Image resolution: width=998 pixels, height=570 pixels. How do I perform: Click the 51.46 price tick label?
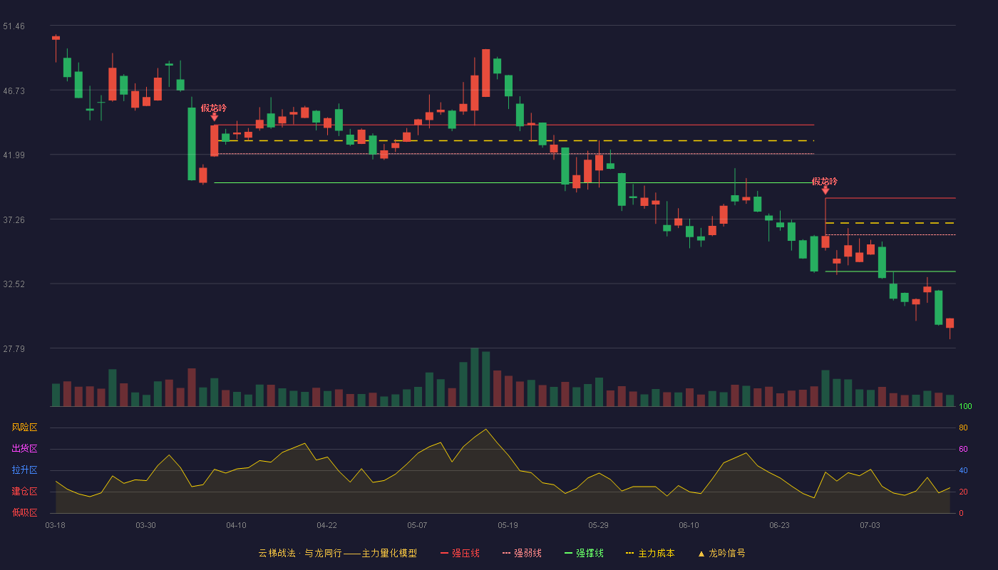14,26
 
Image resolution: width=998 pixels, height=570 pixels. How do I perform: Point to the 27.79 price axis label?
14,348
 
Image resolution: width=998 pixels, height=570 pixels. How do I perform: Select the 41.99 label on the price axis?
14,155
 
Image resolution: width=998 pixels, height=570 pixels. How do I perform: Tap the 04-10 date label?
236,526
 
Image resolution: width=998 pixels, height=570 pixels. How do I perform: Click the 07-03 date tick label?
870,526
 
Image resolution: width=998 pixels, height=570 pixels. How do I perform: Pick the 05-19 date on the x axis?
508,526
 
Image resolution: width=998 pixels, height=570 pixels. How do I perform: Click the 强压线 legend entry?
460,553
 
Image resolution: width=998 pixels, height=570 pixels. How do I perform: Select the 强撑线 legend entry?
584,553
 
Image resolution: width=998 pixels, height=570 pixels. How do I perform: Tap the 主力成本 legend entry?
650,553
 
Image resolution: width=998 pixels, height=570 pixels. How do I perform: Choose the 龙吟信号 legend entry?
721,553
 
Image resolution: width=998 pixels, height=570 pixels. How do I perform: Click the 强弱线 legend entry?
522,553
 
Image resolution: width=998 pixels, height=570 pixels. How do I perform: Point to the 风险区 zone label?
24,427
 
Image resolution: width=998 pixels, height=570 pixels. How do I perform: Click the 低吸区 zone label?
24,512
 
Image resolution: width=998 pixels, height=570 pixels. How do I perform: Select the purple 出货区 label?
24,448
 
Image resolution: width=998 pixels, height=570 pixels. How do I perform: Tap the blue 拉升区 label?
24,470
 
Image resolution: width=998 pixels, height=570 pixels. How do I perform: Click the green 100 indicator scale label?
965,406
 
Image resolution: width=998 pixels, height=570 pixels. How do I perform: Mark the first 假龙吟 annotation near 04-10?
213,108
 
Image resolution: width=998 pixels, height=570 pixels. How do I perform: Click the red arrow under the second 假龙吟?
825,191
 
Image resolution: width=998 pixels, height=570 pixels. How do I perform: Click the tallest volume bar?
475,377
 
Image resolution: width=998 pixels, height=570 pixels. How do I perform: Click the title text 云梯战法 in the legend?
277,553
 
